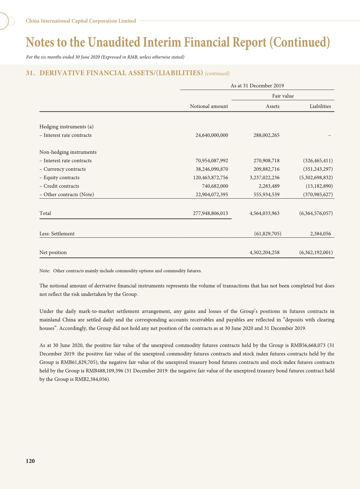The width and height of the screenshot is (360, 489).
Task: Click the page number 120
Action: tap(30, 461)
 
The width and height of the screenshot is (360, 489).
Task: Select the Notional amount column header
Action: tap(209, 106)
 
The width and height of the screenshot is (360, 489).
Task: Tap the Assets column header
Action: tap(273, 106)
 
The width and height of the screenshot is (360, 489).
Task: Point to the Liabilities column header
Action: tap(320, 106)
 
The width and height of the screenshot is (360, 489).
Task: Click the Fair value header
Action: tap(283, 96)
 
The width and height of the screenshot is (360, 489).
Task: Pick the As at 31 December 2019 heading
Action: tap(257, 86)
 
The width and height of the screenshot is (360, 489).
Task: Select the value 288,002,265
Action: tap(266, 135)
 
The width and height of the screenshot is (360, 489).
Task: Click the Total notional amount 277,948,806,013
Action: tap(211, 213)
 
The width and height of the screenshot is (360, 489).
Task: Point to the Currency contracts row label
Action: tap(63, 169)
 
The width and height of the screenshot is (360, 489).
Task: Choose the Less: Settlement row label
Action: tap(57, 234)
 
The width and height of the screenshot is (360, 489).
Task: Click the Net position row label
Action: tap(53, 253)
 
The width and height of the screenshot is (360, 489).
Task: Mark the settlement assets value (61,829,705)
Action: tap(268, 234)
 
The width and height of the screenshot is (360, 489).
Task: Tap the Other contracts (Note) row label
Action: tap(67, 195)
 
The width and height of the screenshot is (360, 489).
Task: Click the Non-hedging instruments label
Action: tap(68, 152)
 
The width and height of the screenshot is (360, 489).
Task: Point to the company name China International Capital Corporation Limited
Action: tap(81, 21)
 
